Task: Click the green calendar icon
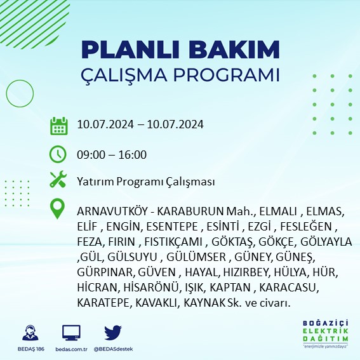(58, 125)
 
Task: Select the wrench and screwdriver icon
(58, 180)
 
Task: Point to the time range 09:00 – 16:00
(111, 154)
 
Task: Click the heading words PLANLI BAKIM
(180, 50)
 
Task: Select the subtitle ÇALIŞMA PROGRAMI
(180, 74)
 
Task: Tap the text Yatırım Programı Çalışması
(145, 182)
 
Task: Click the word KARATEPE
(103, 303)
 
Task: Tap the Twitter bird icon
(112, 333)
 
